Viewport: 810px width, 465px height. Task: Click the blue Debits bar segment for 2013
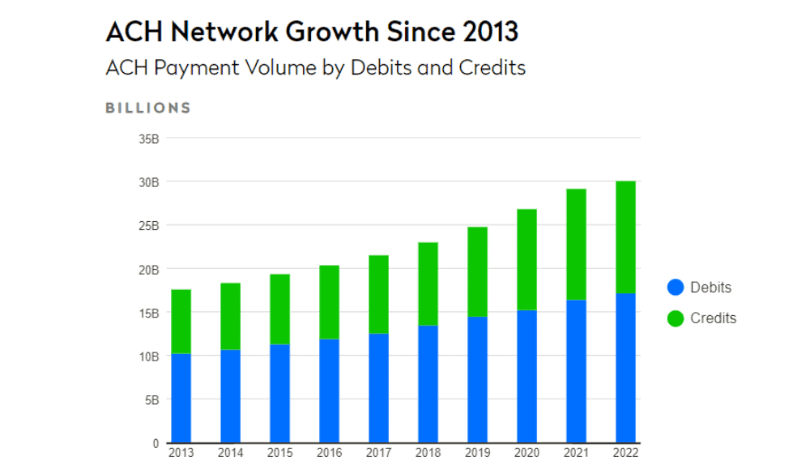pos(181,398)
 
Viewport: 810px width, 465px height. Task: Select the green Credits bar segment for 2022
pos(625,237)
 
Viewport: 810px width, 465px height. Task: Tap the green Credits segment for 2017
pos(378,294)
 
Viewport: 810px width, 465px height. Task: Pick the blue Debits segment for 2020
pos(526,376)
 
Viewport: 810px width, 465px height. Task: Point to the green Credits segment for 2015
pos(279,309)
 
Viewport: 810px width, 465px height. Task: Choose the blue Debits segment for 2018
pos(428,383)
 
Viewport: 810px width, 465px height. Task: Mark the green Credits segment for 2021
pos(576,244)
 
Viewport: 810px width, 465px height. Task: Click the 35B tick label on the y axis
pos(149,139)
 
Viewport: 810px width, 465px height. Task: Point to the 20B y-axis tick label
pos(149,269)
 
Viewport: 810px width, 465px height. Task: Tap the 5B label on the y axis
pos(152,399)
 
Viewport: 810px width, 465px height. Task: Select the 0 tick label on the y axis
pos(156,443)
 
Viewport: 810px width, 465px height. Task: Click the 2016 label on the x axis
pos(329,453)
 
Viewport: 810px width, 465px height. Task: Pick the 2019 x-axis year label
pos(477,453)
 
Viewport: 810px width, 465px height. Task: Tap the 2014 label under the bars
pos(230,453)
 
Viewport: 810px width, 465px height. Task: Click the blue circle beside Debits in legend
pos(676,288)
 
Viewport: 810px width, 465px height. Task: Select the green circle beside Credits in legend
pos(676,318)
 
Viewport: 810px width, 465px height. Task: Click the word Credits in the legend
pos(713,318)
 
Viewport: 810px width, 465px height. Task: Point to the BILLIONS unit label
pos(148,108)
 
